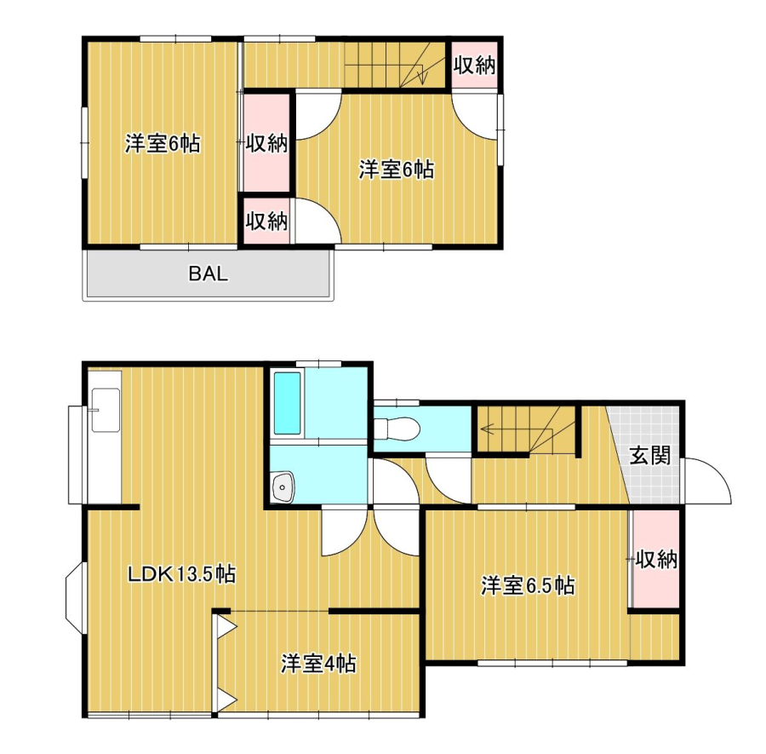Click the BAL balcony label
pyautogui.click(x=209, y=273)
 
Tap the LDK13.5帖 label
pyautogui.click(x=182, y=573)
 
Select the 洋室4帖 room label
pyautogui.click(x=318, y=664)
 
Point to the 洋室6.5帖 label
pyautogui.click(x=528, y=585)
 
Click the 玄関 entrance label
pyautogui.click(x=649, y=456)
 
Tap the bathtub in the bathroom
pyautogui.click(x=287, y=403)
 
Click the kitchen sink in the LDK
pyautogui.click(x=106, y=411)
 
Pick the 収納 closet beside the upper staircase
pyautogui.click(x=474, y=65)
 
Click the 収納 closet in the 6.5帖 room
pyautogui.click(x=655, y=559)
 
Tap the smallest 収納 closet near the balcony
pyautogui.click(x=266, y=221)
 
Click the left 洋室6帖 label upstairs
pyautogui.click(x=163, y=143)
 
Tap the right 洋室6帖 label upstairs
pyautogui.click(x=396, y=170)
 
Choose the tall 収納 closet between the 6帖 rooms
pyautogui.click(x=266, y=142)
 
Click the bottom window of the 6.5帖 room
pyautogui.click(x=552, y=664)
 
